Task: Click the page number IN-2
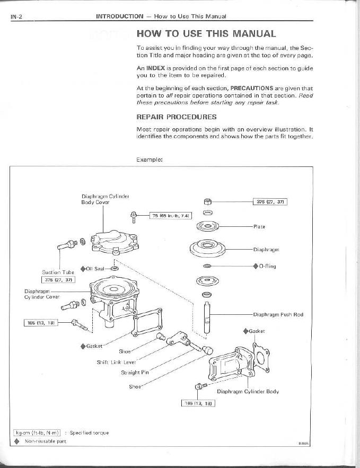(16, 16)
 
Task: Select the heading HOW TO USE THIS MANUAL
(206, 34)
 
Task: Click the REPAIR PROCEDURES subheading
(177, 116)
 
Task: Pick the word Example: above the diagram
(148, 158)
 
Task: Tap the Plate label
(259, 227)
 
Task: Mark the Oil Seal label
(96, 268)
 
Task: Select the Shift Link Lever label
(116, 362)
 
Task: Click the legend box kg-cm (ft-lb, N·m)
(36, 432)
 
